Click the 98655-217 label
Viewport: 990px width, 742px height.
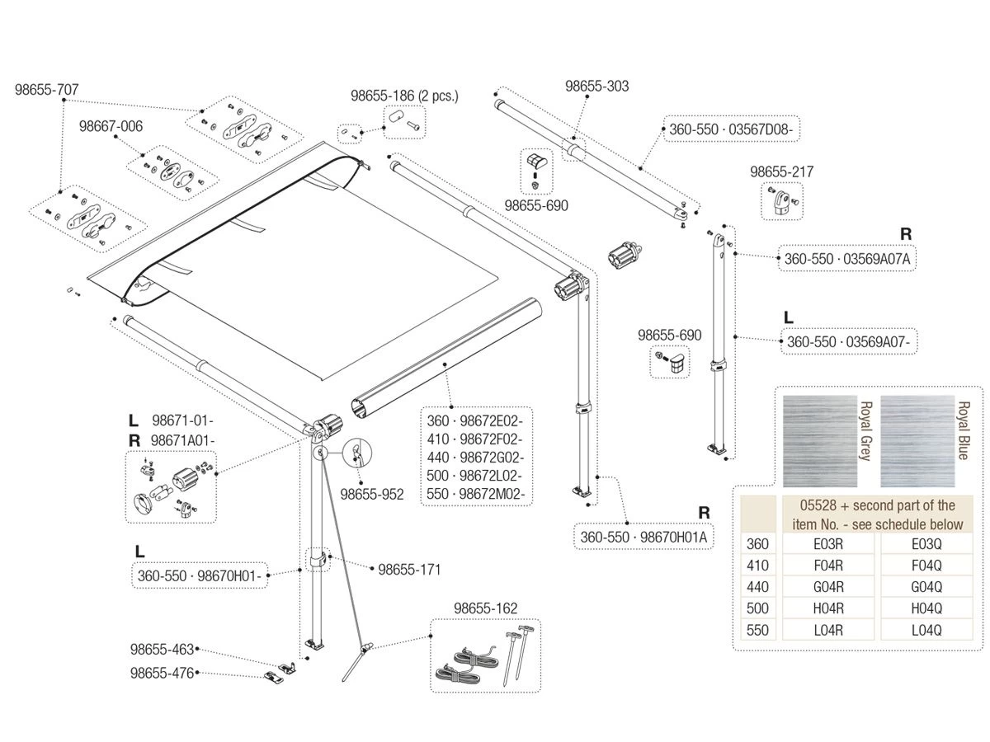coord(781,171)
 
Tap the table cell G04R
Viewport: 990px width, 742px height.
coord(830,587)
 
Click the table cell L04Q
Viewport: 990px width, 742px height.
coord(926,630)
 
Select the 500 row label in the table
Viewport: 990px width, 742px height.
coord(757,608)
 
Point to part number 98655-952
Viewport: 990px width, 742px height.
coord(372,495)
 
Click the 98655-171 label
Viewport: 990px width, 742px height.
coord(409,569)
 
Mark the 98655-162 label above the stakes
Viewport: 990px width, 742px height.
coord(485,608)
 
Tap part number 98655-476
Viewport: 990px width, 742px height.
coord(162,673)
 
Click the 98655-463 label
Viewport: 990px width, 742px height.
coord(162,650)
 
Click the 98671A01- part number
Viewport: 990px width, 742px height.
coord(182,441)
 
